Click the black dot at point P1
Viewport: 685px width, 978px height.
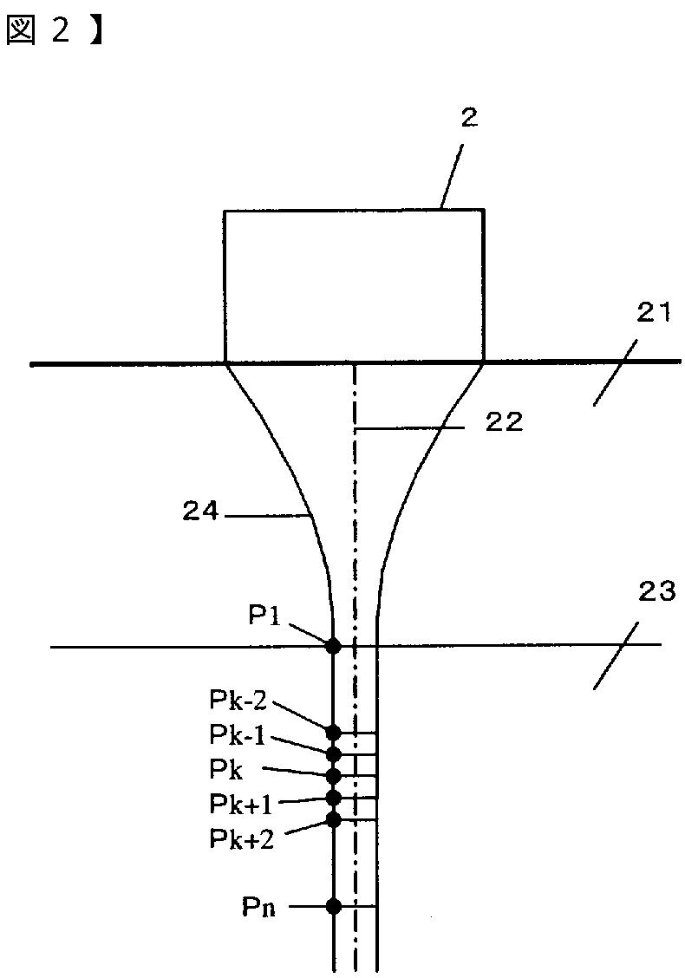pos(333,646)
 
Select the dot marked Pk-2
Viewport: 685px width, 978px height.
pos(333,733)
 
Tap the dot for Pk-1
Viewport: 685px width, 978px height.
pos(333,754)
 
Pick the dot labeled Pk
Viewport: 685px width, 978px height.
pos(333,775)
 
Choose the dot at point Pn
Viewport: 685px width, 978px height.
pos(333,907)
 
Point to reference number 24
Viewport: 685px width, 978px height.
pos(200,512)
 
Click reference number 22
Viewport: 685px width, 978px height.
pos(503,422)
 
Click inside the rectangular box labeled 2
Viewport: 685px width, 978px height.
pos(353,286)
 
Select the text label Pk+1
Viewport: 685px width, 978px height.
pos(240,805)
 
